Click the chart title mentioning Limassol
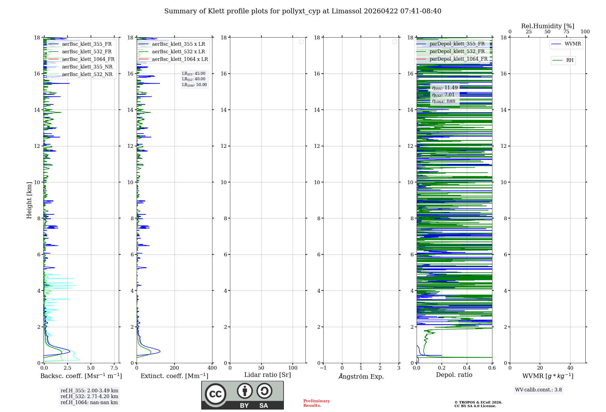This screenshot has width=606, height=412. tap(303, 11)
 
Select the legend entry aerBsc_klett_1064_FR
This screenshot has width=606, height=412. tap(88, 59)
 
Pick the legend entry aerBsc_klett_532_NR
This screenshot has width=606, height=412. tap(87, 75)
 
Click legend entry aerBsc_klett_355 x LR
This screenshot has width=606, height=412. tap(178, 44)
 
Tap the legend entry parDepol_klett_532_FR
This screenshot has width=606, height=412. tap(457, 51)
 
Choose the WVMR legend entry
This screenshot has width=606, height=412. tap(573, 44)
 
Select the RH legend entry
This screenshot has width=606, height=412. tap(570, 60)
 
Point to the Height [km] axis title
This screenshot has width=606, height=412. tap(29, 200)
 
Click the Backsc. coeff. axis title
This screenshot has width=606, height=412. tap(81, 376)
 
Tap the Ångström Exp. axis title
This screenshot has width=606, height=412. tap(361, 376)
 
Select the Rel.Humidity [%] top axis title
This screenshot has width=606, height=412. tap(548, 26)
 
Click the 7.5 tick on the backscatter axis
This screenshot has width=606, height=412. tap(114, 368)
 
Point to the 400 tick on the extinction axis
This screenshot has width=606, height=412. tap(212, 368)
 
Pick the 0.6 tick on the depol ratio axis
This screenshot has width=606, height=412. tap(492, 368)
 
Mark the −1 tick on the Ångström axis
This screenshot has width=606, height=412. tap(323, 368)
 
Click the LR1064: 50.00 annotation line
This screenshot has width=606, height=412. tap(194, 85)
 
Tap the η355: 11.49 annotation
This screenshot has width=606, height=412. tap(445, 88)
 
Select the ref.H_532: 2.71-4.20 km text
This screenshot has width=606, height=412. tap(89, 396)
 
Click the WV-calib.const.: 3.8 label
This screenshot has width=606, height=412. tap(538, 390)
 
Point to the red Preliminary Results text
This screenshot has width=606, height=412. tap(316, 403)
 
